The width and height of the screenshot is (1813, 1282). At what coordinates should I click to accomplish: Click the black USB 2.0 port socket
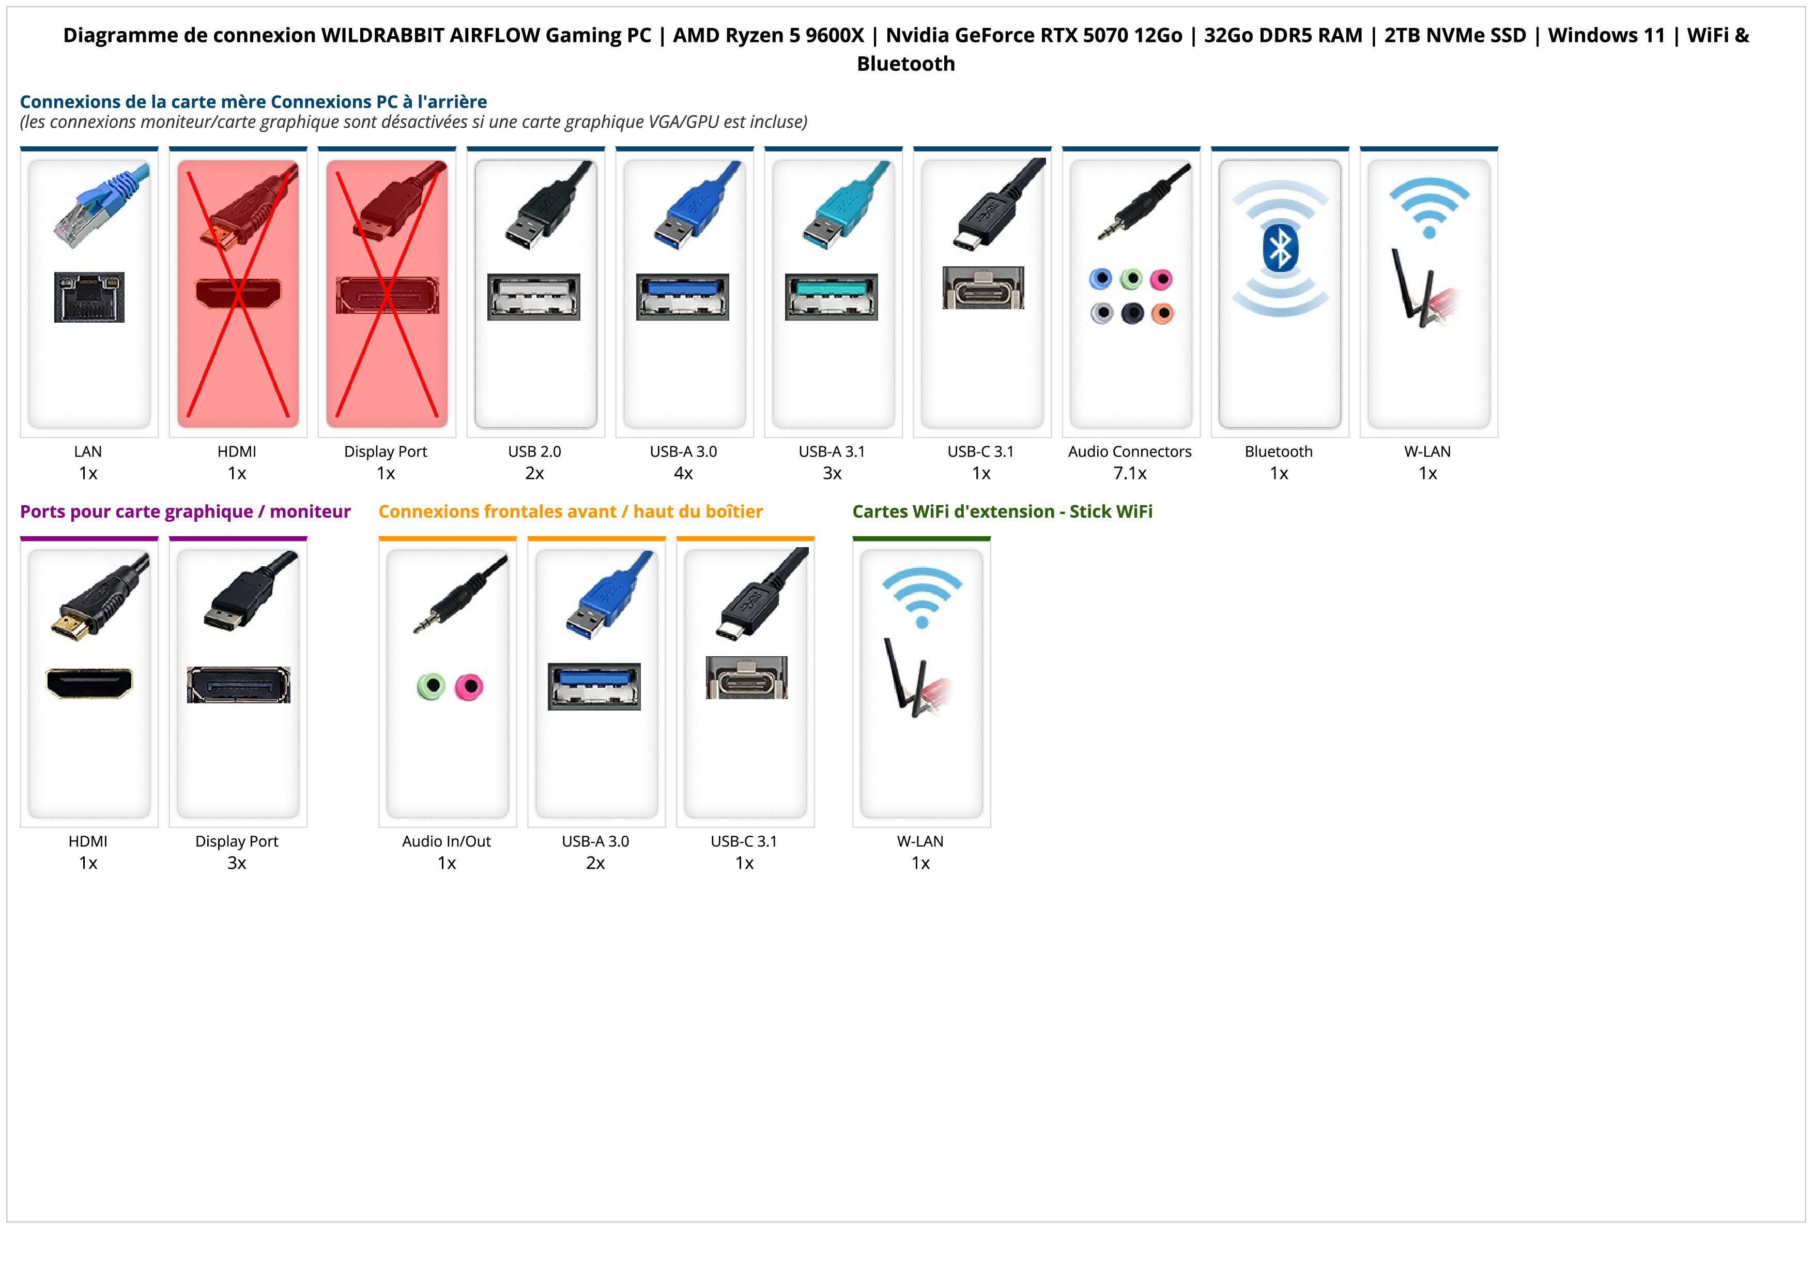(x=534, y=297)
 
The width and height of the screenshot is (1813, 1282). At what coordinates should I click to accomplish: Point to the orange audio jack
(x=1162, y=313)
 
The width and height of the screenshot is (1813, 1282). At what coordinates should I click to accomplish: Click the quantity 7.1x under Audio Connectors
(x=1129, y=473)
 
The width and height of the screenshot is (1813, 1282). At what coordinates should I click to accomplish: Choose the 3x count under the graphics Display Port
(x=237, y=863)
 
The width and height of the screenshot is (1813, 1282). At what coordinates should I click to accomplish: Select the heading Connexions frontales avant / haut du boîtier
(x=570, y=512)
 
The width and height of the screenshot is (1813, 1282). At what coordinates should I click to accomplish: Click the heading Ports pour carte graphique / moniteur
(x=185, y=512)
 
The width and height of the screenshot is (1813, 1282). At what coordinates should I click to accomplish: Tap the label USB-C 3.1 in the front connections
(x=744, y=841)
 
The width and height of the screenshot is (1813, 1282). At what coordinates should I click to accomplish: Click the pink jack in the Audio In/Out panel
(x=469, y=686)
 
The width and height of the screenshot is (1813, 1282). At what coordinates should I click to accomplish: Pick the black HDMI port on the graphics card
(x=89, y=683)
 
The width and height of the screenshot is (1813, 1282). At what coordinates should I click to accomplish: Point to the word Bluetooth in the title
(x=905, y=64)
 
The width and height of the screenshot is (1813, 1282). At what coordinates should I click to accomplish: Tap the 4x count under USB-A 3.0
(x=683, y=473)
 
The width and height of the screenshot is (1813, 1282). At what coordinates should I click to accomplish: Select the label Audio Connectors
(x=1129, y=452)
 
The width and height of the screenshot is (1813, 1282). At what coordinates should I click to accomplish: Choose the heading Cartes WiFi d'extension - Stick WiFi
(x=1002, y=512)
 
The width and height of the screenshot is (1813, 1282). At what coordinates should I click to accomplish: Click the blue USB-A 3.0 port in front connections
(x=594, y=686)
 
